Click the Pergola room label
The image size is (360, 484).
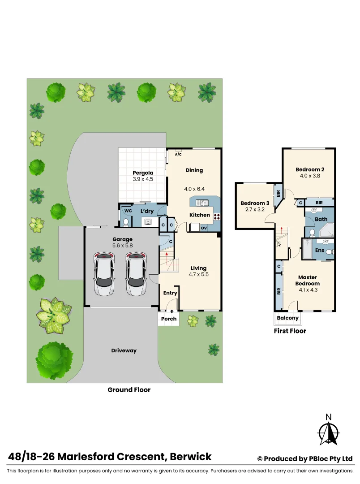coord(143,173)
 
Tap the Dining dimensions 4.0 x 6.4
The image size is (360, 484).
coord(194,189)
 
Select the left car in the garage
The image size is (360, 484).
coord(104,274)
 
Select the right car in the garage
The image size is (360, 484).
coord(136,274)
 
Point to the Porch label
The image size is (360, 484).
coord(169,319)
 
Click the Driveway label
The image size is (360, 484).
coord(124,350)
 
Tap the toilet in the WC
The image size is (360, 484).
coord(126,221)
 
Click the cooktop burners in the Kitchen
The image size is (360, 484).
coord(217,216)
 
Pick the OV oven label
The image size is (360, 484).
coord(203,228)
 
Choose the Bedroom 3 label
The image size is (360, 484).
coord(255,203)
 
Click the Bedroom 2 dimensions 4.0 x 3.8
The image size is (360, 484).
coord(309,176)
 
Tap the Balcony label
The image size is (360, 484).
coord(287,318)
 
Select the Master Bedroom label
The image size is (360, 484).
coord(309,281)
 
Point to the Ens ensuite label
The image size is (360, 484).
coord(319,250)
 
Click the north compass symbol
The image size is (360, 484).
coord(328,432)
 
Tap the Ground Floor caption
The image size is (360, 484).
coord(129,390)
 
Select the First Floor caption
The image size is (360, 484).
coord(290,331)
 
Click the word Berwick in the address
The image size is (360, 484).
coord(191,457)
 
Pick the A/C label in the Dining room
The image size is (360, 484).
coord(178,154)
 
